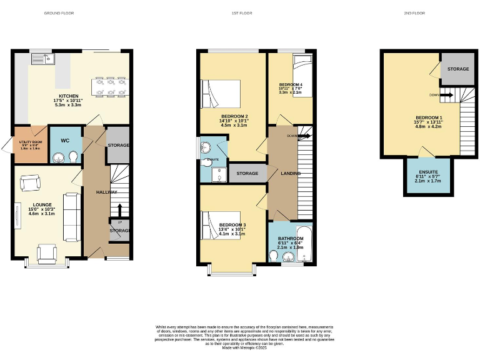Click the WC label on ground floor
[65, 141]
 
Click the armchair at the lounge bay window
[46, 252]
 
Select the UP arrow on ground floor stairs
[118, 210]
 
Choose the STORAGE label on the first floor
[247, 173]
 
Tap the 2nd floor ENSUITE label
[428, 171]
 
